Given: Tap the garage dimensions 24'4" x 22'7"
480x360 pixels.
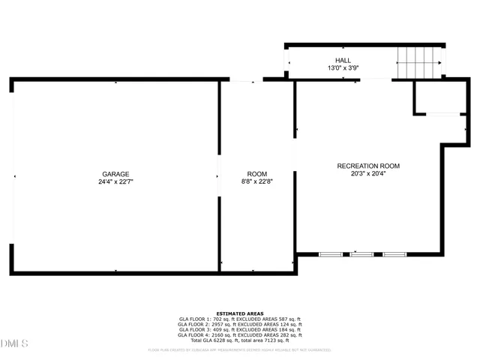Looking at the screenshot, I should point(115,181).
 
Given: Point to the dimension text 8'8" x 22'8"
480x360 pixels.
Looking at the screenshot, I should point(256,181).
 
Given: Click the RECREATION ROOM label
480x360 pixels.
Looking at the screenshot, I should point(368,166).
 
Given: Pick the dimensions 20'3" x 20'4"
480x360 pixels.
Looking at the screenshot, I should point(368,174).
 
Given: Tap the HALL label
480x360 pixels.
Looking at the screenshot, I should point(343,61).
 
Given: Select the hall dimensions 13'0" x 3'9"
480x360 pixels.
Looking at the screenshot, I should point(343,68).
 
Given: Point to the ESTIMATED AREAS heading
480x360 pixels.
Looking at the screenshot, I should point(240,313).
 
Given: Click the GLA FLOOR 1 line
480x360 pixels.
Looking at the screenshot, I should point(240,319).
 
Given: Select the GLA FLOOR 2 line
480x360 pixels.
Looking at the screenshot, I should point(240,325).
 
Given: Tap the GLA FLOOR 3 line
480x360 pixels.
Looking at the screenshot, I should point(240,330).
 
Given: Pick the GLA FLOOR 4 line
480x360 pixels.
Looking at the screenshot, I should point(240,335).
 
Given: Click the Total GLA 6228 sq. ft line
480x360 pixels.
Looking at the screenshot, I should point(240,340).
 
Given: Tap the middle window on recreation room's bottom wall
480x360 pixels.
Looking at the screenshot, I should point(361,255).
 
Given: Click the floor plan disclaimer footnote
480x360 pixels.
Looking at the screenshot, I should point(240,349).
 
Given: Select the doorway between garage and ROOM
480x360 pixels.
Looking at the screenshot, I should point(218,177).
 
